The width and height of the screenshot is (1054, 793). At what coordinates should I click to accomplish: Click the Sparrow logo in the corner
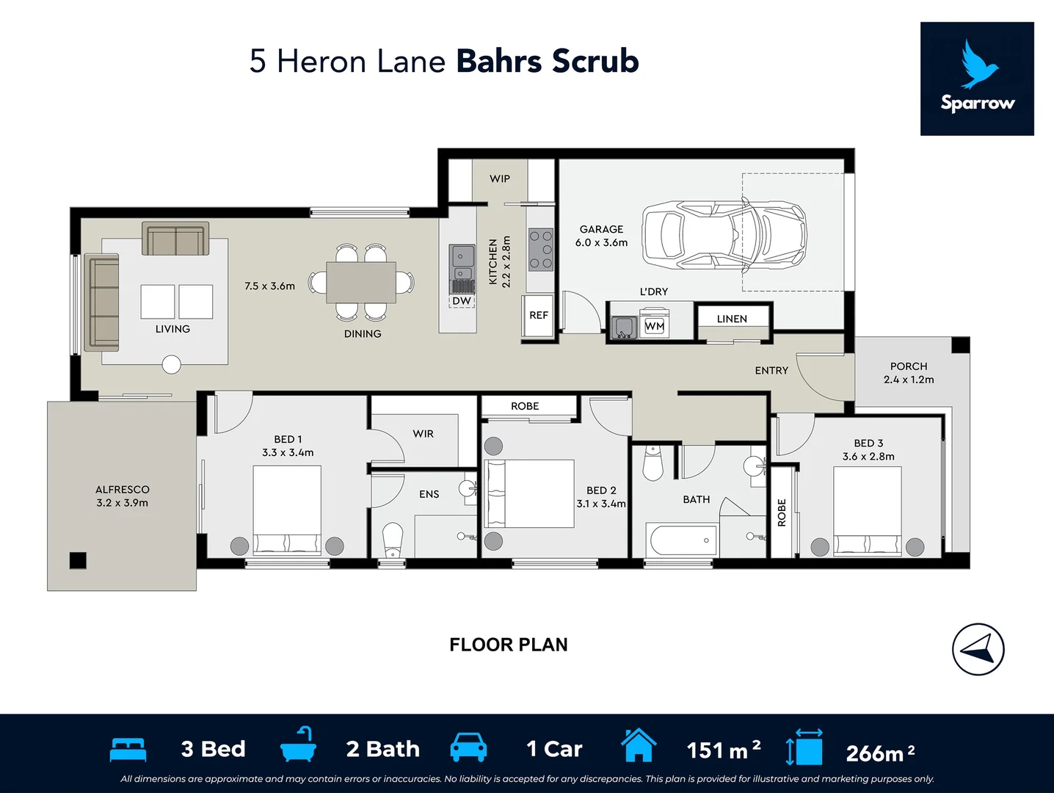977,79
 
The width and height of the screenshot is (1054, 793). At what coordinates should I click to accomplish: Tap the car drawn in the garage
724,235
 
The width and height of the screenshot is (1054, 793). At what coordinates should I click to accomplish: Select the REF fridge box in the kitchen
538,316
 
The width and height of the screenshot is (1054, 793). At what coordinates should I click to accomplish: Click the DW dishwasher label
462,301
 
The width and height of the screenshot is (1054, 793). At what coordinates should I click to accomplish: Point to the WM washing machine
654,326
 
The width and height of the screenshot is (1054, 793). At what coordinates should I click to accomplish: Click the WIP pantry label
500,178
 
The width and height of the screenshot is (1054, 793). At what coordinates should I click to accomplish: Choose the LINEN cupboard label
732,319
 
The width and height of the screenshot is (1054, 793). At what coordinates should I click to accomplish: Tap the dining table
361,283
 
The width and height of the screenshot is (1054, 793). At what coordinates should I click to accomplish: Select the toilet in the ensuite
393,540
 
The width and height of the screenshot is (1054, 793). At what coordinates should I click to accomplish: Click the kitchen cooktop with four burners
541,250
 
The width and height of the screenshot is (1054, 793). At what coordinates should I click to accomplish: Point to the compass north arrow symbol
978,649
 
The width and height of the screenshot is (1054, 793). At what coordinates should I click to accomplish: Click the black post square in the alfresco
78,560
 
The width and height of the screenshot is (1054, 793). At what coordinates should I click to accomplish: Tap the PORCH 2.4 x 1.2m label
909,373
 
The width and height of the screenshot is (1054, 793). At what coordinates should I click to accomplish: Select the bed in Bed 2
529,493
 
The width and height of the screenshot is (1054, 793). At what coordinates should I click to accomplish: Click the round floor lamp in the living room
171,364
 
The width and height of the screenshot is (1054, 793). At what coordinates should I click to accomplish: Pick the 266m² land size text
880,753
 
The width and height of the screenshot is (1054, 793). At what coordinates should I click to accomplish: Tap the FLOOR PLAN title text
508,645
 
